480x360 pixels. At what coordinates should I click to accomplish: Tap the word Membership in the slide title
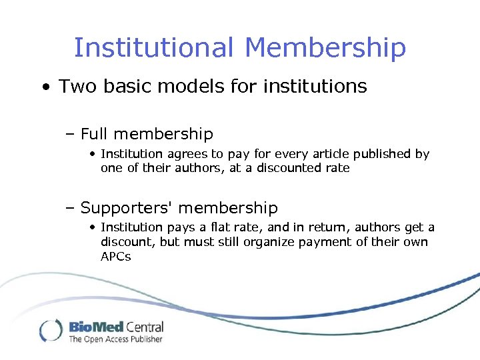(325, 48)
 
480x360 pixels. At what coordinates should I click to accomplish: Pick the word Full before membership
(96, 134)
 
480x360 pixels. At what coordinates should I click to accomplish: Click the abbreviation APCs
(116, 256)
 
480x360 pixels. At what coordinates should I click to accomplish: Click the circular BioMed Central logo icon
(51, 330)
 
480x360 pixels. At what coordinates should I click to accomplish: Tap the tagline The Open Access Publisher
(115, 339)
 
